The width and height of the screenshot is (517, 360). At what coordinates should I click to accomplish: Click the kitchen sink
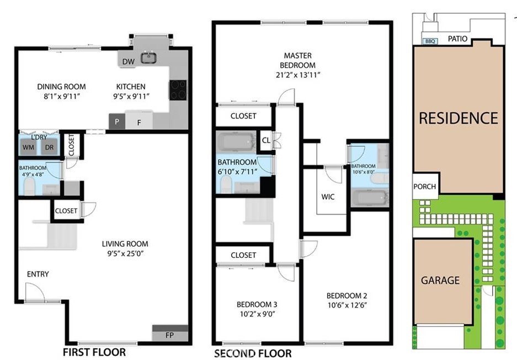coord(149,58)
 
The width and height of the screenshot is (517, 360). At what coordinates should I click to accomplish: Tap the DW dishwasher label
coord(128,61)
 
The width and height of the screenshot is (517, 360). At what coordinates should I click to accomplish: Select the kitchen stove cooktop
coord(178,90)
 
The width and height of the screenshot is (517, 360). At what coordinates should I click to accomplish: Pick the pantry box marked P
coord(117,121)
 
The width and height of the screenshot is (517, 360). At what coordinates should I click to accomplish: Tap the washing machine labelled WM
coord(28,147)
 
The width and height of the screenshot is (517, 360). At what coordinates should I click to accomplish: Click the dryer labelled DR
coord(50,147)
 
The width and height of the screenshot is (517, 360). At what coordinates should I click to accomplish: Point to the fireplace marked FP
coord(170,334)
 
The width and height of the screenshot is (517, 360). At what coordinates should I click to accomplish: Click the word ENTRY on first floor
coord(38,274)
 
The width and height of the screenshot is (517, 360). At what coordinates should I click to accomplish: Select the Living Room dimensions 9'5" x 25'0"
coord(125,253)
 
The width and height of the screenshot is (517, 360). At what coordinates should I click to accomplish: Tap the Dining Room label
coord(61,87)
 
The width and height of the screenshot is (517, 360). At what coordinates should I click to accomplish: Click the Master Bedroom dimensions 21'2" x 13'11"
coord(298,75)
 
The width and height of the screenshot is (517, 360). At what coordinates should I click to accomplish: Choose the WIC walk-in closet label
coord(328,197)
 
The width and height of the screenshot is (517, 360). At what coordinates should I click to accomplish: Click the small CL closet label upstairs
coord(266,140)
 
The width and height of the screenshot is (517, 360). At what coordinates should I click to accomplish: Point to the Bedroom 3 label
coord(257,304)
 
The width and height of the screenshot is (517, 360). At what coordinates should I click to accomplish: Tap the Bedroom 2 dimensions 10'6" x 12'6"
coord(347,305)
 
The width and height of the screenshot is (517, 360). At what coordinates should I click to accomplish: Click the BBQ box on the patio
coord(430,41)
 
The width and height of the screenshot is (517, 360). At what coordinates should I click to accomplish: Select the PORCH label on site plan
coord(425,187)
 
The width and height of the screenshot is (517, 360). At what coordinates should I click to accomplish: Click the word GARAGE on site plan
coord(440,280)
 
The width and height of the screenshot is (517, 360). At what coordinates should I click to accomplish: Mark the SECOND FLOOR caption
coord(253,354)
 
